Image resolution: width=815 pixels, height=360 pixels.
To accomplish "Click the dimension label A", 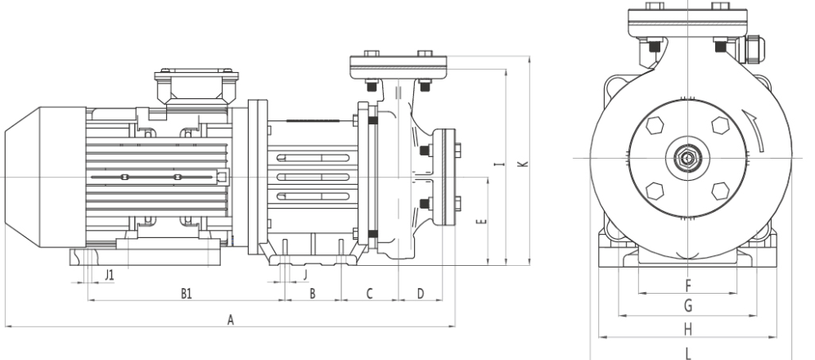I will click(231, 320).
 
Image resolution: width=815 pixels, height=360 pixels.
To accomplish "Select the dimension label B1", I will click(186, 293).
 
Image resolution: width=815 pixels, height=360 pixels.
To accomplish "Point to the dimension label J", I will click(304, 274).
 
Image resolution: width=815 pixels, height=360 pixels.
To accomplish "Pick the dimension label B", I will click(312, 293).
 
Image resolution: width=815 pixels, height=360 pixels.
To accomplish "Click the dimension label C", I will click(369, 293).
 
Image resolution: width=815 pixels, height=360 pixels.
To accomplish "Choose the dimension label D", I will click(420, 293).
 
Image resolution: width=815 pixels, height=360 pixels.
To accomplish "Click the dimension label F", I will click(687, 286).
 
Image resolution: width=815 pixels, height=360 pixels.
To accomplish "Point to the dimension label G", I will click(687, 306).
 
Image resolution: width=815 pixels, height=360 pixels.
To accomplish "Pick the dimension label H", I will click(687, 328).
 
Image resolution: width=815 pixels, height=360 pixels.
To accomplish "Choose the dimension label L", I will click(687, 352).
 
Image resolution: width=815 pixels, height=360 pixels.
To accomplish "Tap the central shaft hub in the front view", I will click(687, 157).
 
